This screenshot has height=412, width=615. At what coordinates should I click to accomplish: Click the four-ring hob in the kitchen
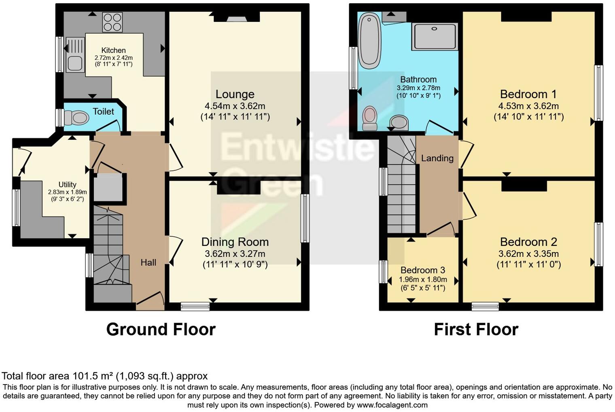112,22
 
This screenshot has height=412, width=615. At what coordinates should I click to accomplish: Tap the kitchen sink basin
75,63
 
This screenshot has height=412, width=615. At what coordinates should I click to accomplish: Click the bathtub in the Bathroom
369,40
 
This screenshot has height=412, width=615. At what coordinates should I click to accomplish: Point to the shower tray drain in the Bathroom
434,29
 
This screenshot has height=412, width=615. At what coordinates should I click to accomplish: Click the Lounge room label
235,94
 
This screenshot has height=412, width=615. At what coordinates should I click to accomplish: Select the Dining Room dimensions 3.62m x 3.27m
235,254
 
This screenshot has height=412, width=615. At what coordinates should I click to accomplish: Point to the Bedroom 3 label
422,270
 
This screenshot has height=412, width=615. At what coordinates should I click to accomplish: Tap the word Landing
437,158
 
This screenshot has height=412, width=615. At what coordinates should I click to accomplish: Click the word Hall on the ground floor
148,263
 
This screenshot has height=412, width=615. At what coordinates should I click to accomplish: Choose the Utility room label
67,185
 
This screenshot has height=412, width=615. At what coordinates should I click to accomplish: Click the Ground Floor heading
161,329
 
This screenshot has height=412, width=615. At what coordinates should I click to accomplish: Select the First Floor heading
476,329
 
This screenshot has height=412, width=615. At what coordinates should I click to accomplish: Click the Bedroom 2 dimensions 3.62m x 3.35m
528,254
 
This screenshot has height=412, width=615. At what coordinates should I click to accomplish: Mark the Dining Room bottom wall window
195,307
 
